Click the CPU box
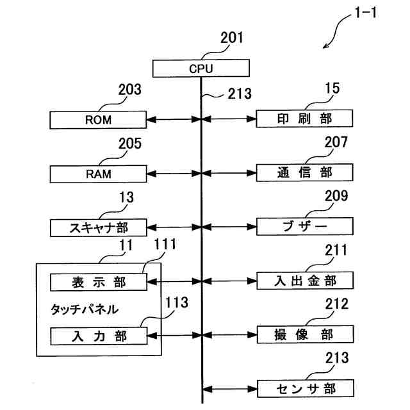point(201,69)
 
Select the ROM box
point(98,120)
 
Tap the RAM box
point(98,174)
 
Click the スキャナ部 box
point(98,228)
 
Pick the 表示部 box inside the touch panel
point(99,282)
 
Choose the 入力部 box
point(99,336)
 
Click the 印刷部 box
point(304,119)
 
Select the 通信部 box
point(305,172)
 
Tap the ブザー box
point(305,226)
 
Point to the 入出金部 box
point(305,281)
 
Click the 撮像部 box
point(306,334)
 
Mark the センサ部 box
point(306,389)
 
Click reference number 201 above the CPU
point(232,38)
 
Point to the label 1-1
point(366,12)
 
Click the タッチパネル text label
point(85,309)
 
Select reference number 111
point(165,244)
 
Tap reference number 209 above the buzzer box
point(336,196)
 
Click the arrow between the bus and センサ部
point(230,389)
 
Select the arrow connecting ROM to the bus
point(174,120)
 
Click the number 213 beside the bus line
point(240,94)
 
